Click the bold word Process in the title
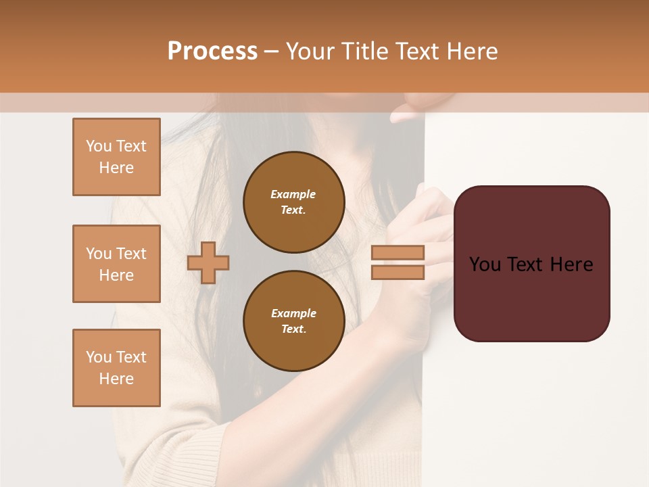212,51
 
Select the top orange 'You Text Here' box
116,157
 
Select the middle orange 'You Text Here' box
116,264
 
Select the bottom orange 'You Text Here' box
116,368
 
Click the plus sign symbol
208,262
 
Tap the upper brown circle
293,202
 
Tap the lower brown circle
293,321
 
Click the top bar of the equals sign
398,253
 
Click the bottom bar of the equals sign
398,273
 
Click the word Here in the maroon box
571,264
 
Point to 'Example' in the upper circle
293,194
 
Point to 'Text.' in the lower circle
293,329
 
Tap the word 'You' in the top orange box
99,146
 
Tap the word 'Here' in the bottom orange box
116,379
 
